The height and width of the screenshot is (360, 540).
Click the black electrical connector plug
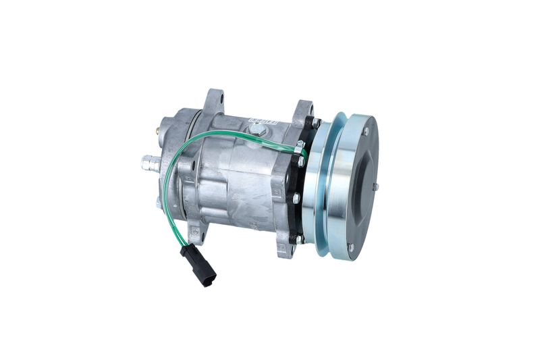point(198,265)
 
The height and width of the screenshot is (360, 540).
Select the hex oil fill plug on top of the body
point(256,128)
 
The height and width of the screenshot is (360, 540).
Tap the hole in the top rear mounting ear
point(215,101)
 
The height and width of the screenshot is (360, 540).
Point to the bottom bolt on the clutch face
point(350,247)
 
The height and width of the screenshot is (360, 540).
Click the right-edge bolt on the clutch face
point(376,186)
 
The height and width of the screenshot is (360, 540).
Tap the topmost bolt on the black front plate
point(315,124)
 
